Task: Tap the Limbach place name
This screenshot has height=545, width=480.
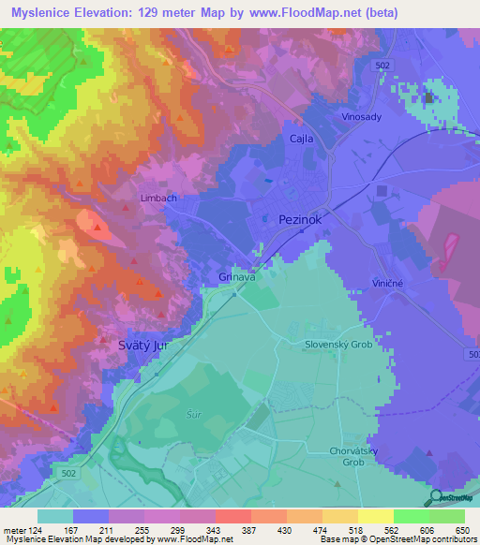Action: coord(157,199)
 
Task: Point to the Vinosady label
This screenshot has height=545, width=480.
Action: coord(360,117)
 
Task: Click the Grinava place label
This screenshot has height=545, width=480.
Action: coord(237,277)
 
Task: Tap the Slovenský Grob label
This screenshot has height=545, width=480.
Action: coord(337,344)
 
